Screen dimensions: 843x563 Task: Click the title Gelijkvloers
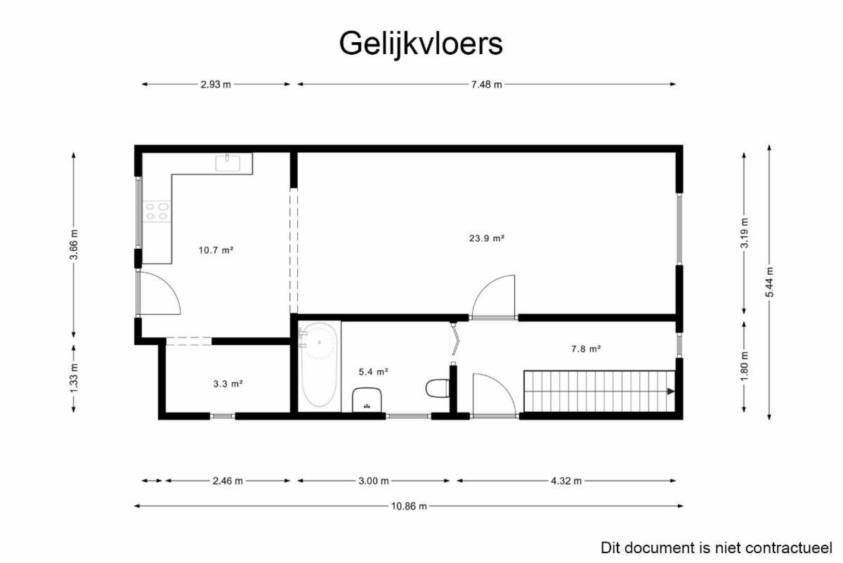click(421, 44)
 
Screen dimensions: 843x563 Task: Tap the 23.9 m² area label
click(487, 238)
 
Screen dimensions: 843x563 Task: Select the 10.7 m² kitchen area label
click(216, 250)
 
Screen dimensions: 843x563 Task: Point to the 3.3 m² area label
click(228, 384)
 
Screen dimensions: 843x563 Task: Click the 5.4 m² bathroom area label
click(373, 372)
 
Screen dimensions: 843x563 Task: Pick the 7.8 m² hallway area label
click(586, 349)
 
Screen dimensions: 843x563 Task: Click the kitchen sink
click(228, 163)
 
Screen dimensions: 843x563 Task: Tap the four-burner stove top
click(157, 212)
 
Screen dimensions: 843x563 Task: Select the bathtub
click(319, 365)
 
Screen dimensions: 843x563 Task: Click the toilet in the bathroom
click(437, 388)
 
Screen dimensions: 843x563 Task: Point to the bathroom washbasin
click(367, 400)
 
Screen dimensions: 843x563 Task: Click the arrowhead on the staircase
click(671, 391)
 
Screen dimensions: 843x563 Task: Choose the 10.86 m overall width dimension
click(409, 506)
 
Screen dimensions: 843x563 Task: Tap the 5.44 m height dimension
click(769, 283)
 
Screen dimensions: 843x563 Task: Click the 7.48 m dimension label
click(487, 84)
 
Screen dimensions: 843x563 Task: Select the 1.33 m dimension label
click(74, 377)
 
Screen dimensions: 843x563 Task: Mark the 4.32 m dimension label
click(566, 481)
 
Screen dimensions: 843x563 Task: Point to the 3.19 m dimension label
click(744, 233)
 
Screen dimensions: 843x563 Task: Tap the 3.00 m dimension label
click(373, 481)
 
